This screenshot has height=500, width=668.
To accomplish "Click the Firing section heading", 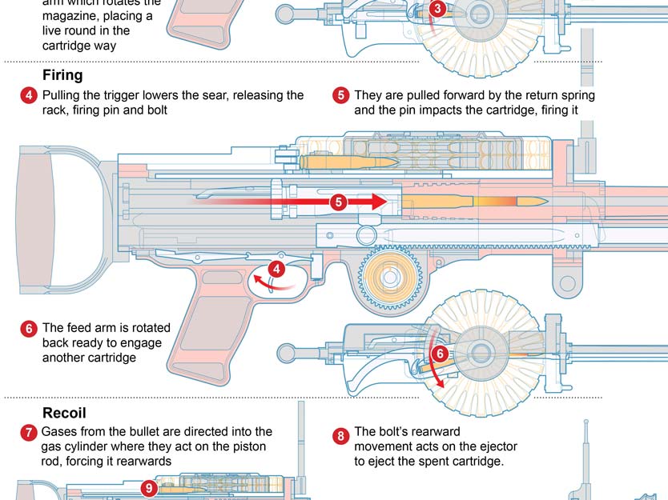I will [x=62, y=76].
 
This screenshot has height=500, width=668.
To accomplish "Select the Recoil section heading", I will [x=64, y=414].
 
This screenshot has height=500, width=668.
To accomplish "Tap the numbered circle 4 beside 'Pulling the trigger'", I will [x=29, y=96].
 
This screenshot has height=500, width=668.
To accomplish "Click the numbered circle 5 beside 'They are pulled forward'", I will [x=340, y=96].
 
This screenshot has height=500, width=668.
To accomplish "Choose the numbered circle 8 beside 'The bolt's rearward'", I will [x=340, y=436].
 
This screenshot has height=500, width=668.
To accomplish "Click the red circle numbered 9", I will [x=148, y=486].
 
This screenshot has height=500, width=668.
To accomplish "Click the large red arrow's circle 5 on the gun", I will [x=338, y=202].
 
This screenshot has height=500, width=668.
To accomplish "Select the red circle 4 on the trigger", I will [x=276, y=270].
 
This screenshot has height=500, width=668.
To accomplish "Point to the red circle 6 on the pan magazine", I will [x=439, y=354].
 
